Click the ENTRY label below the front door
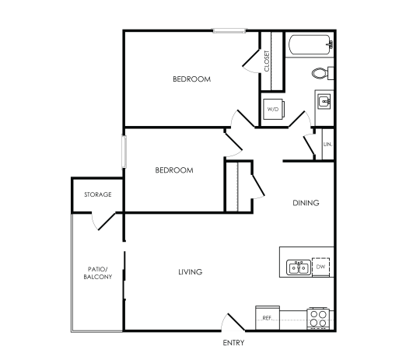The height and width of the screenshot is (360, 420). [233, 343]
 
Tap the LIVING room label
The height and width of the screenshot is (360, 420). [191, 272]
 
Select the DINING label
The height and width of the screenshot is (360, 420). [306, 203]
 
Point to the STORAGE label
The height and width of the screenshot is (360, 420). [98, 194]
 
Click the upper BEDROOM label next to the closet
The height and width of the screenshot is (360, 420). [191, 79]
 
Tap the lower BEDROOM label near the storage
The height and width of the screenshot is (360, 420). [173, 170]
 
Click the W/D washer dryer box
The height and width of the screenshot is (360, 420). [273, 110]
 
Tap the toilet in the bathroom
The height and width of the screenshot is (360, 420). [320, 74]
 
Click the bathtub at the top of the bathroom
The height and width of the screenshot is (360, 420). [309, 45]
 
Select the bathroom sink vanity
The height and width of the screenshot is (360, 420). [324, 101]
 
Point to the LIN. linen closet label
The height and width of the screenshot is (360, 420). [327, 145]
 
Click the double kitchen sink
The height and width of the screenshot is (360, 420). [298, 267]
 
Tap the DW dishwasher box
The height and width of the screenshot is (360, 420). [321, 267]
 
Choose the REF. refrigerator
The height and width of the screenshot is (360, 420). [267, 317]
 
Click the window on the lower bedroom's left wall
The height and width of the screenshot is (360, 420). [123, 152]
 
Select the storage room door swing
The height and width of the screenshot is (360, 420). [104, 222]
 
